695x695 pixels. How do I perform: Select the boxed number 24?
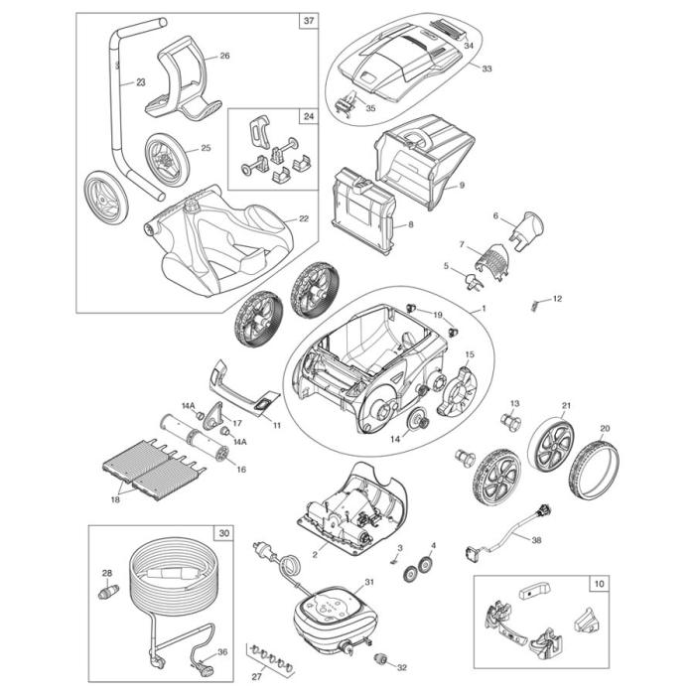click(x=308, y=116)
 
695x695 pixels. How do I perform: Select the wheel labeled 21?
click(x=548, y=443)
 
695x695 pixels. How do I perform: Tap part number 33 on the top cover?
click(x=486, y=69)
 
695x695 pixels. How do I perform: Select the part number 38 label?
click(x=564, y=541)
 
